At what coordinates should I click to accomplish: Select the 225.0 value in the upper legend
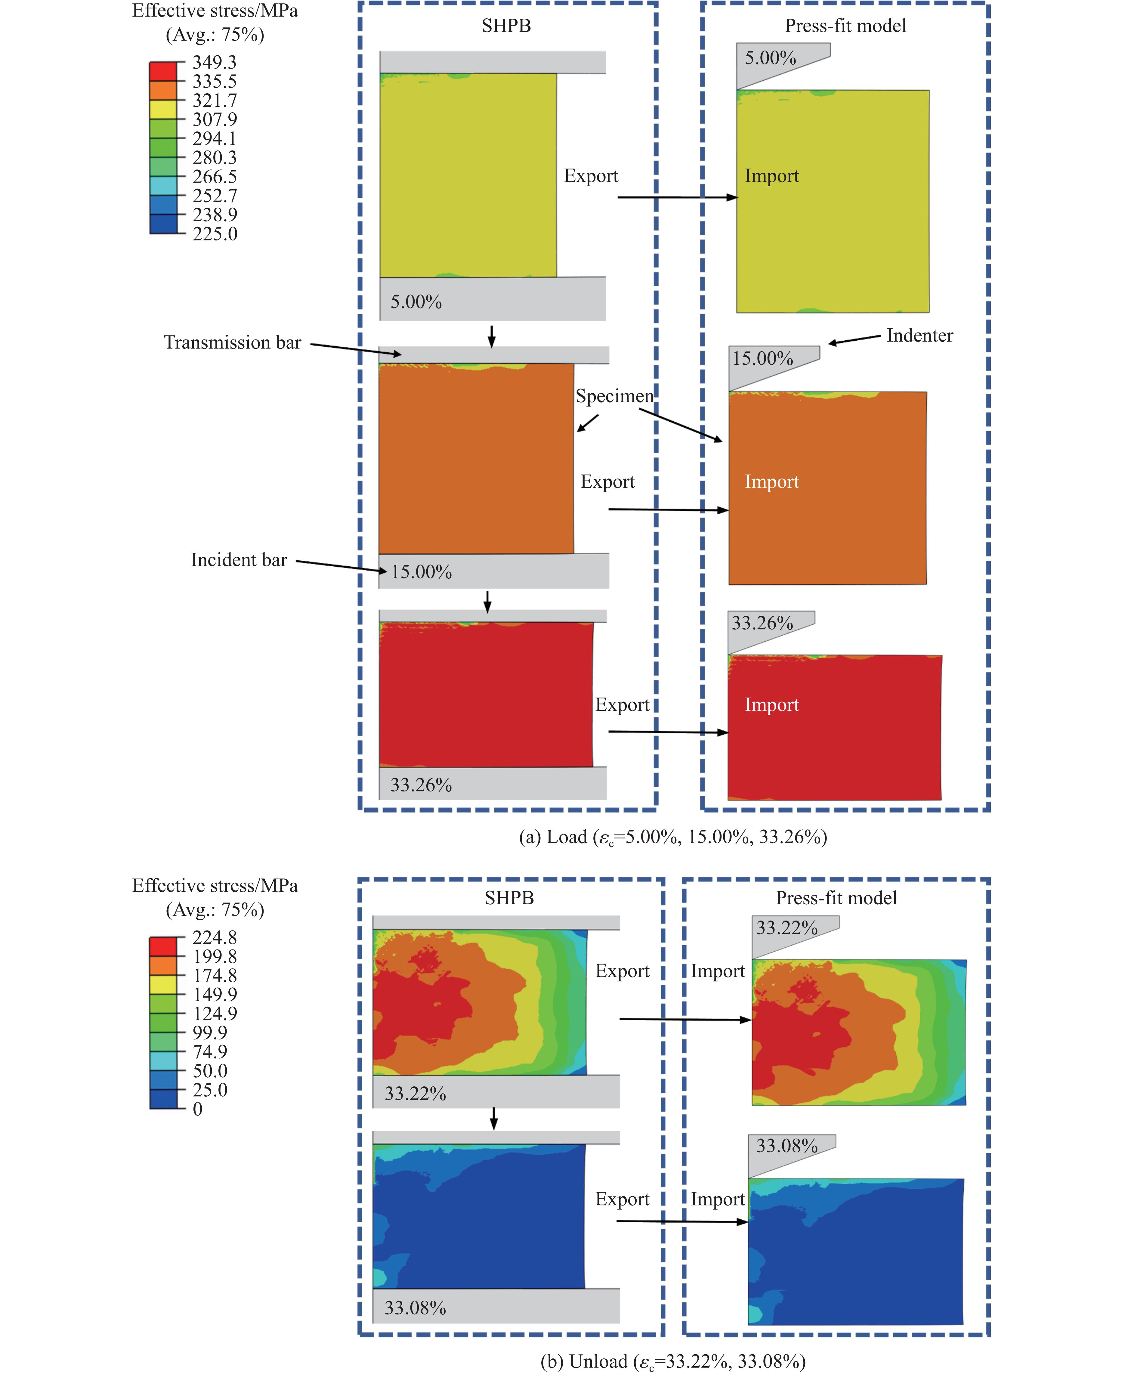(214, 234)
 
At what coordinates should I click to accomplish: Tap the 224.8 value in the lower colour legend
(214, 937)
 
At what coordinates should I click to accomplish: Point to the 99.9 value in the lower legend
(210, 1033)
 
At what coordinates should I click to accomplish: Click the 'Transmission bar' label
(233, 342)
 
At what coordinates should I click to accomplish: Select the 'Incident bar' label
(239, 560)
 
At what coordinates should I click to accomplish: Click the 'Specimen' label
(614, 396)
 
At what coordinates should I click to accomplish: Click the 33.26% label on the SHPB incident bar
(421, 785)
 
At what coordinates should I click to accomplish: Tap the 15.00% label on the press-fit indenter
(762, 359)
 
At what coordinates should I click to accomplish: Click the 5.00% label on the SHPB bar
(416, 302)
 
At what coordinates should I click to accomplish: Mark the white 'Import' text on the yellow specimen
(771, 176)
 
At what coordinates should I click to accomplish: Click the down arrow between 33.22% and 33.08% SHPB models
(494, 1119)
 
